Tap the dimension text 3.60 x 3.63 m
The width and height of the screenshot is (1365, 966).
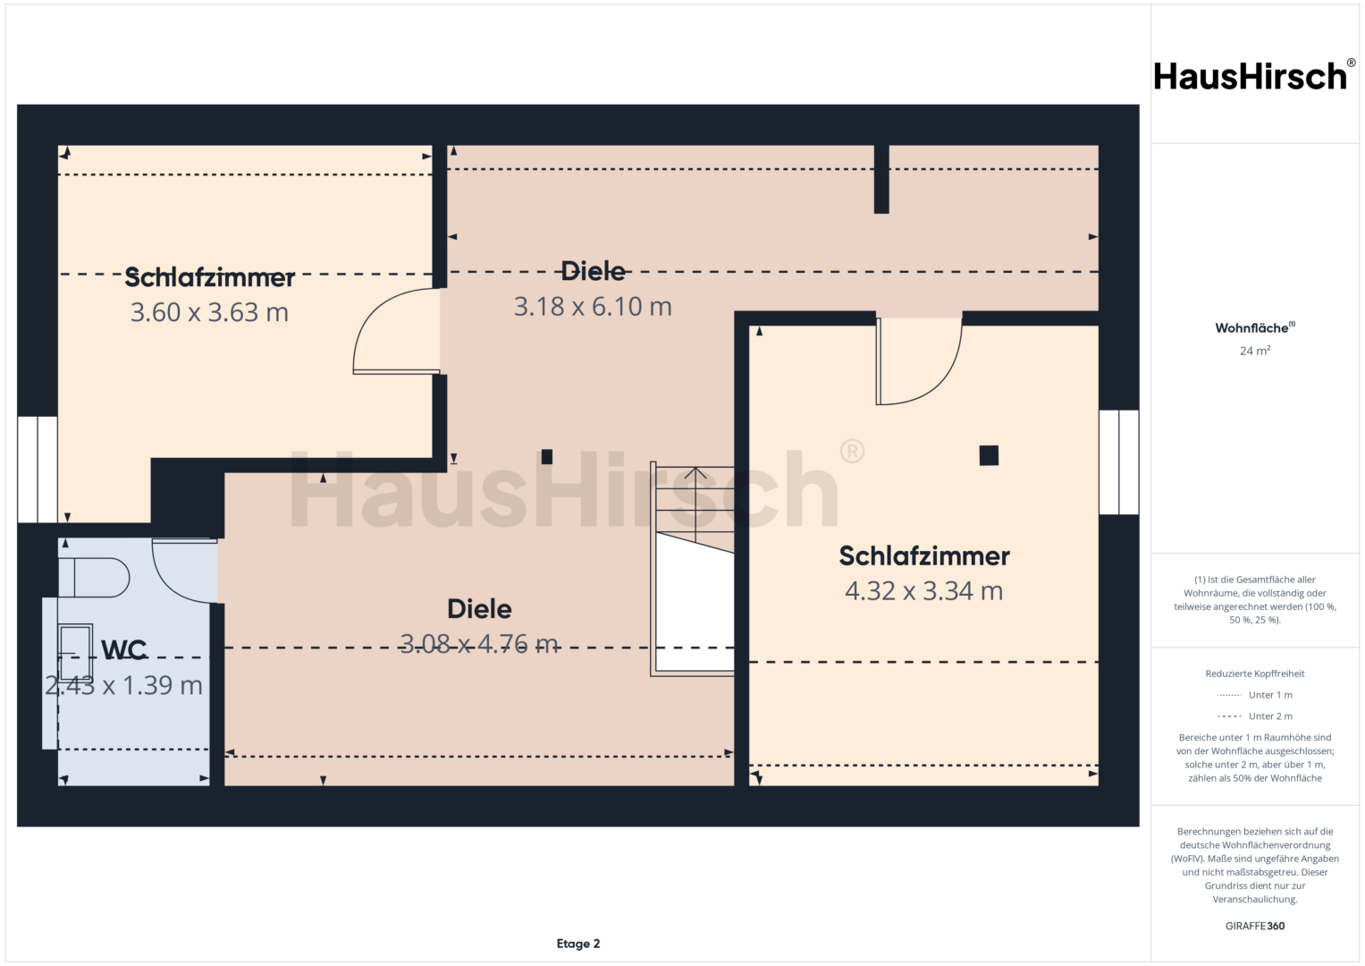(209, 312)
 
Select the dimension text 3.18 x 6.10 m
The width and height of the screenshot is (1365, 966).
(593, 306)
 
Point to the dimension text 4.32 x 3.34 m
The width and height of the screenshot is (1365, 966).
(923, 591)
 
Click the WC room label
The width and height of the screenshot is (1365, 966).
(123, 650)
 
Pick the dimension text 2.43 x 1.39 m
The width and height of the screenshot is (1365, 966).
(123, 685)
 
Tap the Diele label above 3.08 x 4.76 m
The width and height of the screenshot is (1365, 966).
(479, 608)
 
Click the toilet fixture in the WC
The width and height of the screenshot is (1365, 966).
(94, 577)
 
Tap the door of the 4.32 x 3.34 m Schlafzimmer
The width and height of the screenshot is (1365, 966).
(919, 361)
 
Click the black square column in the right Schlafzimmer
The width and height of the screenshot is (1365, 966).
(989, 455)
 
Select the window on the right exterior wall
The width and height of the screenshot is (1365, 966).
(1119, 462)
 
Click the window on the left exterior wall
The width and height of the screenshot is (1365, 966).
(38, 470)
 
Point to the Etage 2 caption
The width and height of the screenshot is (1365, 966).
(578, 944)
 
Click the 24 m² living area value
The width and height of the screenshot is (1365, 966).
(1255, 351)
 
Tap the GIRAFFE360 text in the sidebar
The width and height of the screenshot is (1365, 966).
(1255, 926)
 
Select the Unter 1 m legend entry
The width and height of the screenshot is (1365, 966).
(1255, 695)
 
